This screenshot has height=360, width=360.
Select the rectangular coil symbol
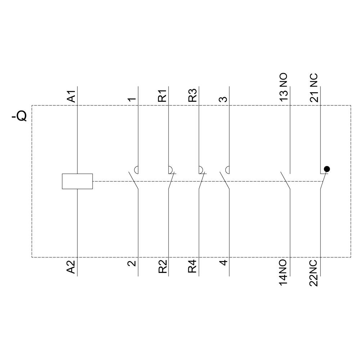click(77, 181)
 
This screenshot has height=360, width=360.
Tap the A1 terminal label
click(72, 96)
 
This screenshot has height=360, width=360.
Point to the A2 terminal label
click(72, 266)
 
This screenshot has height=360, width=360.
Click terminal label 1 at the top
click(132, 98)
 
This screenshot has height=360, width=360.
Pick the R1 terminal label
click(163, 96)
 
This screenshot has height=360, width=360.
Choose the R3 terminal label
click(193, 96)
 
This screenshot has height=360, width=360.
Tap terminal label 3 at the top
click(224, 98)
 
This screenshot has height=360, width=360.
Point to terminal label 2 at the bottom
click(132, 263)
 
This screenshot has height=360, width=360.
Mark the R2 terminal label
click(163, 266)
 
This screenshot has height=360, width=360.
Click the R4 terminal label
click(193, 266)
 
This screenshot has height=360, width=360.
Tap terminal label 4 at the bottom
click(224, 262)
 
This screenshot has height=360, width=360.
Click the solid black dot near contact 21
click(327, 168)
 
